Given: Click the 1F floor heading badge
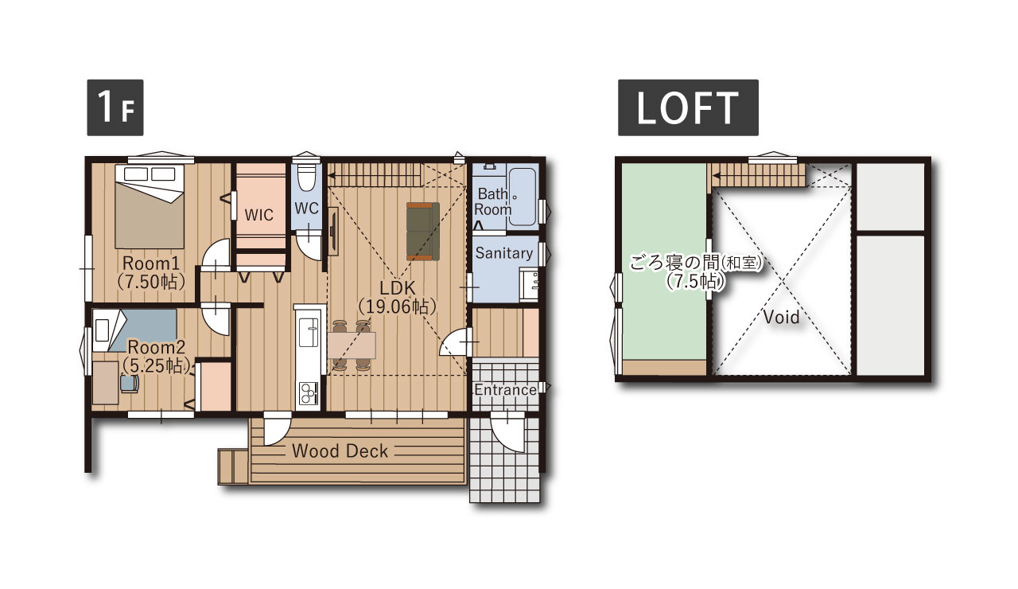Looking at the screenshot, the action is [x=115, y=107].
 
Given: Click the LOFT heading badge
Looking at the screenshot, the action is [x=688, y=107].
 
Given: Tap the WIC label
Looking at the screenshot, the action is [x=259, y=215].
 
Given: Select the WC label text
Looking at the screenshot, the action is [x=306, y=209].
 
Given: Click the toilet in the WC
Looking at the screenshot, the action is [x=307, y=177].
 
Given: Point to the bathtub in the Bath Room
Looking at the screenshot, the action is [x=523, y=197].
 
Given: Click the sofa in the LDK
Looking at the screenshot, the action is [x=422, y=231].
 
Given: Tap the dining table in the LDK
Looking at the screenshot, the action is [x=352, y=345].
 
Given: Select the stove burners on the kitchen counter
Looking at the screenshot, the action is [x=308, y=393].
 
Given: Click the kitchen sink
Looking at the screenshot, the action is [x=308, y=333].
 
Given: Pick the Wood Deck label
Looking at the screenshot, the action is [x=340, y=451].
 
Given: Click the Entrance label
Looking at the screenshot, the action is [x=505, y=390].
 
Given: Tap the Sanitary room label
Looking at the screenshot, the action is [x=504, y=253].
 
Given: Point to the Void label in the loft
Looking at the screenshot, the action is [x=781, y=317].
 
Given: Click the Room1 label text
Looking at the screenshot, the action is [x=151, y=263].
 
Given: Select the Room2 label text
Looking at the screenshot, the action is [x=157, y=347].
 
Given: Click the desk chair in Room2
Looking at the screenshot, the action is [x=130, y=383].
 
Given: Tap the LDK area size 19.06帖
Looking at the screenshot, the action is [x=397, y=307].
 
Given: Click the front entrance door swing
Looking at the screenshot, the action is [x=508, y=431].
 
